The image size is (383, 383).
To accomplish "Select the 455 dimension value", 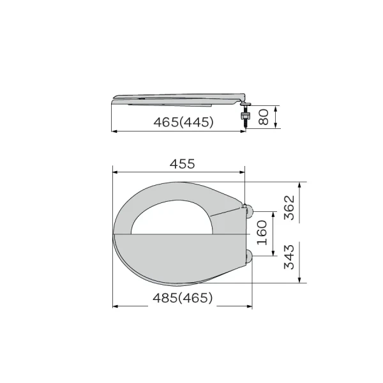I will (x=182, y=163).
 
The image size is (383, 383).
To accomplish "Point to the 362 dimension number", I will (x=289, y=208).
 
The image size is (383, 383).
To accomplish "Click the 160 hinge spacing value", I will (x=262, y=233).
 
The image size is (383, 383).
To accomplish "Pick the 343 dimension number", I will (x=289, y=256).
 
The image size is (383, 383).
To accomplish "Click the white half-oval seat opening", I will (x=169, y=217).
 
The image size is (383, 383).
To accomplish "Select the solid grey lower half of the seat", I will (x=179, y=255).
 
